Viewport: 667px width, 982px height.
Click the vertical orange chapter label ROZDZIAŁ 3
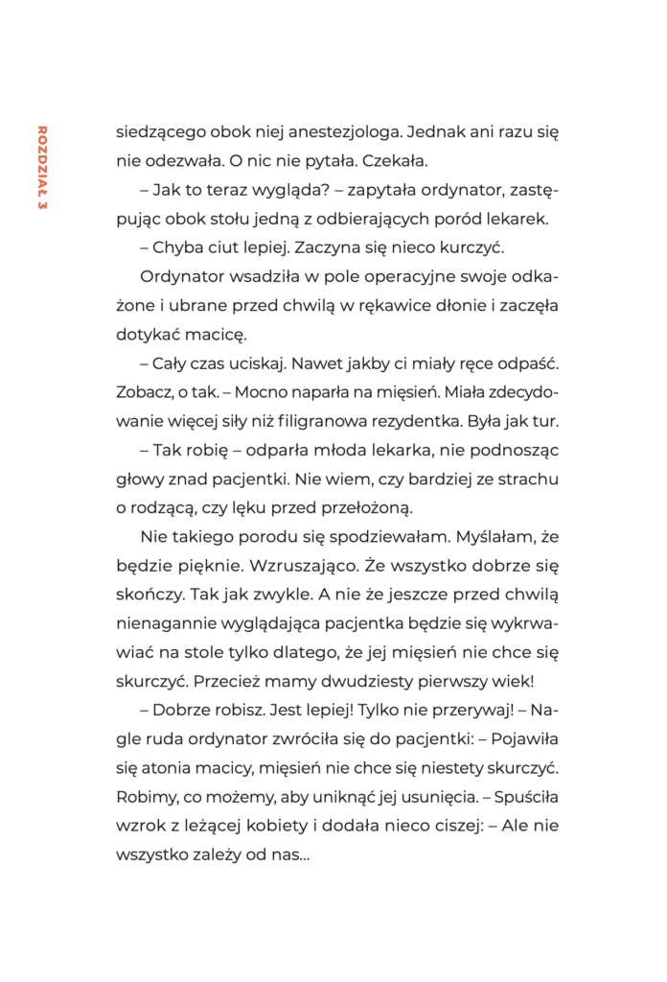[x=40, y=165]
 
